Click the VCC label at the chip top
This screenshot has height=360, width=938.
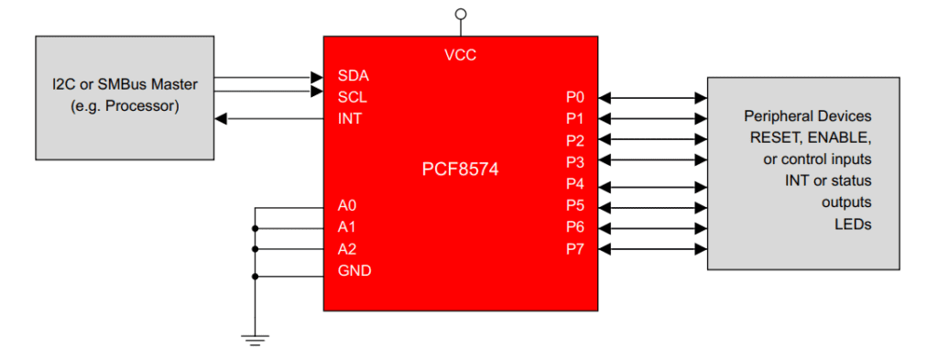pos(460,55)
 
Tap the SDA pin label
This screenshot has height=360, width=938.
pos(353,75)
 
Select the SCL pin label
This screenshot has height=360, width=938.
pos(353,96)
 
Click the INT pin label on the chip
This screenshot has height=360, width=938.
pos(349,118)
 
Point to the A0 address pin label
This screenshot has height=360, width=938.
pos(347,206)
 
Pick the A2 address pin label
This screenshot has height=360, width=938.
pos(347,249)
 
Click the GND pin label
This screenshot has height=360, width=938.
pos(354,271)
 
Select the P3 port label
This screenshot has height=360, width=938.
pos(575,162)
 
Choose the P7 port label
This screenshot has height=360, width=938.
pos(575,249)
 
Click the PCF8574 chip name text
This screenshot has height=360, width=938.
pos(460,169)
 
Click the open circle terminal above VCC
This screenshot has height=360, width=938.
pos(460,14)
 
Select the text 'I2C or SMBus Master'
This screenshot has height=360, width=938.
pos(125,84)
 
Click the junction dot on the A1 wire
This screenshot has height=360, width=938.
pos(256,228)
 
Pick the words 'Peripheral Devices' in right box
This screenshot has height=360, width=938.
pos(807,116)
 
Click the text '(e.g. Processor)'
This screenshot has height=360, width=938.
pos(125,105)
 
